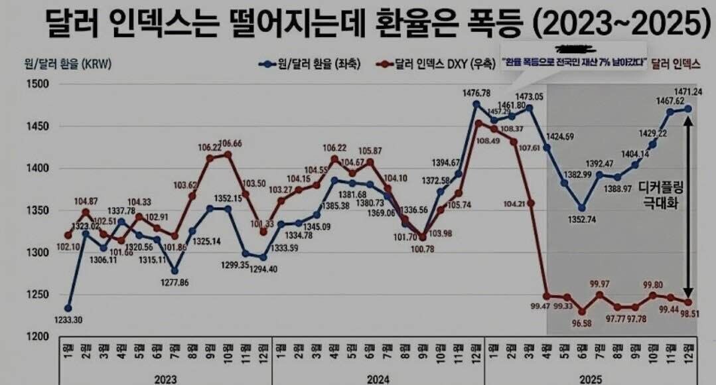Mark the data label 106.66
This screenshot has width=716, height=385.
[229, 144]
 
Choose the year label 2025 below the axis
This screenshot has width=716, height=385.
[591, 378]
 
